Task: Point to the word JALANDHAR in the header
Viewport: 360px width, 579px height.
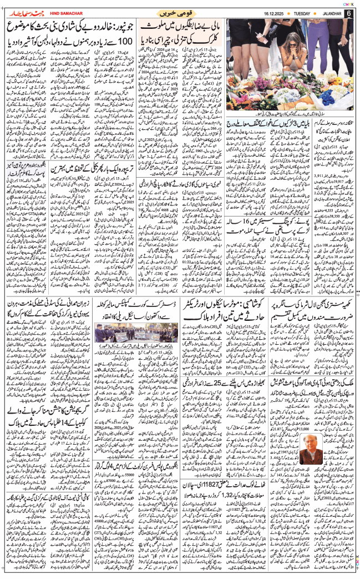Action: [329, 13]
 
